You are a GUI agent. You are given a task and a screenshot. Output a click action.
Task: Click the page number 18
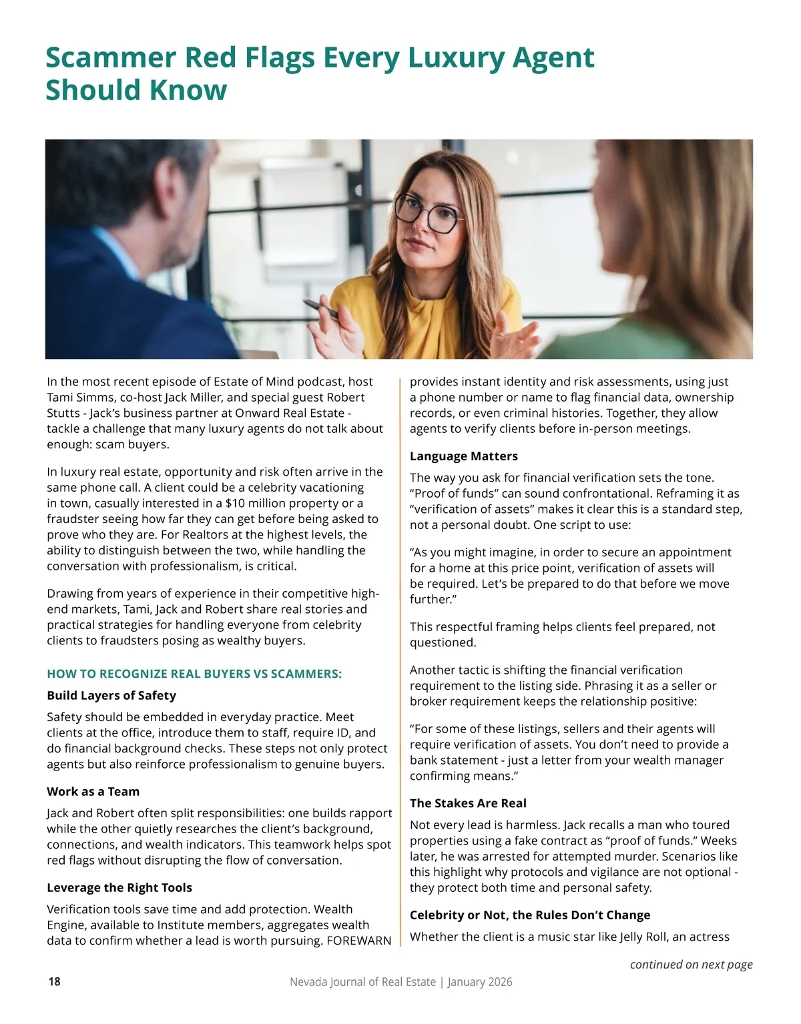[x=54, y=981]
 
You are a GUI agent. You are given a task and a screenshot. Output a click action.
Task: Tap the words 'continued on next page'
[x=691, y=964]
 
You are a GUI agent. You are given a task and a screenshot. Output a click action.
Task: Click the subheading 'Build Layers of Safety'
[x=111, y=695]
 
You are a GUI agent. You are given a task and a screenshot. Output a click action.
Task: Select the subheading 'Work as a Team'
[x=93, y=791]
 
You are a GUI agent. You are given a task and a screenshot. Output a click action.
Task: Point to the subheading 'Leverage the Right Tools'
[x=119, y=887]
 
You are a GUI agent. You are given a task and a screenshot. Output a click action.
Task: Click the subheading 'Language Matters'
[x=464, y=456]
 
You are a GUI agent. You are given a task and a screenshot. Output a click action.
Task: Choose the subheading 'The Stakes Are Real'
[x=468, y=803]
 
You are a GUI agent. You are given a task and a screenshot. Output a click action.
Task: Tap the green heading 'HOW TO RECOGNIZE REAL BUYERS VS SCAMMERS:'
[x=194, y=674]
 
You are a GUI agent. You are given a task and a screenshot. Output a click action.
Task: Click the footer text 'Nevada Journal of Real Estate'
[x=362, y=981]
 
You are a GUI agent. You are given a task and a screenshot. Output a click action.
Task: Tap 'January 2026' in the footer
[x=480, y=981]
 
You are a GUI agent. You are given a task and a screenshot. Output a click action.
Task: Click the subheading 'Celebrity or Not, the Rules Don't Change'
[x=530, y=915]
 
